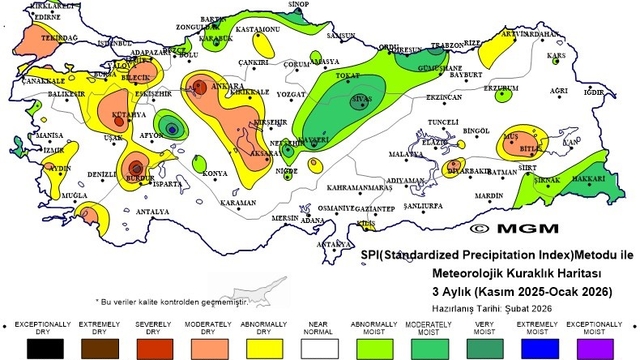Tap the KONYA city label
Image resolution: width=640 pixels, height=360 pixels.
point(215,174)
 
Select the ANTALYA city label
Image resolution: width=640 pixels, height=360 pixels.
point(152,212)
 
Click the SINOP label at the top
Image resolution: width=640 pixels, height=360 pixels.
point(298,5)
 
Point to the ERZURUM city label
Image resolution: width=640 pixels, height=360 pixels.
point(501,87)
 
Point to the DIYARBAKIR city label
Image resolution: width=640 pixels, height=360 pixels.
point(468,170)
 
